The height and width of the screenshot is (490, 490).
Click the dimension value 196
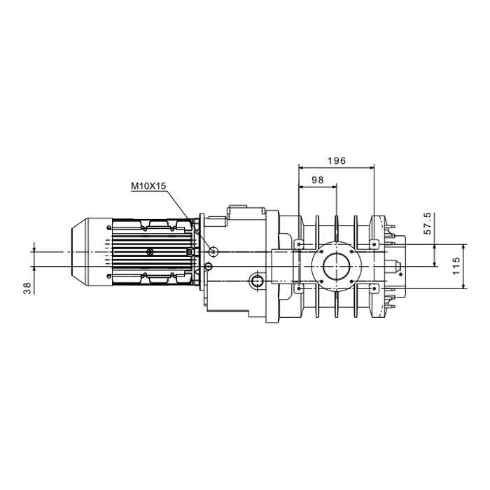pos(337,160)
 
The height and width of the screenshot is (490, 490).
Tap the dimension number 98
pos(318,180)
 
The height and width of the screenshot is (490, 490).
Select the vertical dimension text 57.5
pos(428,223)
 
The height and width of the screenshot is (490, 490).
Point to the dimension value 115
pos(456,266)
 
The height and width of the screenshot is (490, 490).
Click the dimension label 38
pos(27,288)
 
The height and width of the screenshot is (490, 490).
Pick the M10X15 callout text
pos(148,186)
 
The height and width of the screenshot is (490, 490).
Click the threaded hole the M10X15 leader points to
pos(213,251)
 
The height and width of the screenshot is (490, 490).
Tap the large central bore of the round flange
pos(336,266)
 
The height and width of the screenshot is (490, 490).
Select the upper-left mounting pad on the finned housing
pos(299,244)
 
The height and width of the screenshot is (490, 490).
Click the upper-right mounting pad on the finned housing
pos(374,244)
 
